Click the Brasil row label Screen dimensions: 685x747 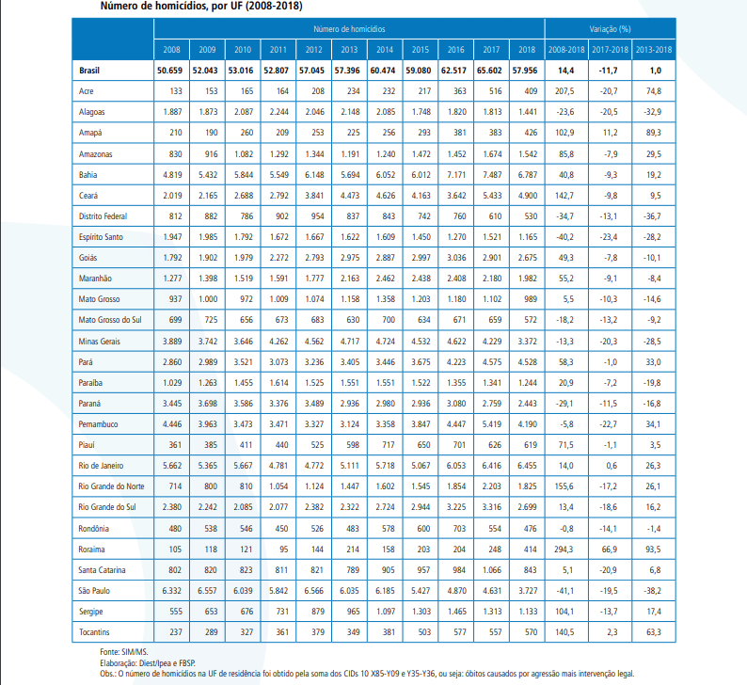tap(89, 70)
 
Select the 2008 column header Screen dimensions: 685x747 tap(171, 48)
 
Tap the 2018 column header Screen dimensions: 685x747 tap(526, 48)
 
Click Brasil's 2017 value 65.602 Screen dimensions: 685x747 tap(490, 70)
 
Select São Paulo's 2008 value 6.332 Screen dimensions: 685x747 tap(171, 591)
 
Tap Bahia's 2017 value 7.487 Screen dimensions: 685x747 tap(490, 175)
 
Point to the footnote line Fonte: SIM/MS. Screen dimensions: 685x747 tap(116, 650)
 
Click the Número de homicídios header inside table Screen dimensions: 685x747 tap(349, 29)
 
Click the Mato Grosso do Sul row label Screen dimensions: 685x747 tap(109, 319)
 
